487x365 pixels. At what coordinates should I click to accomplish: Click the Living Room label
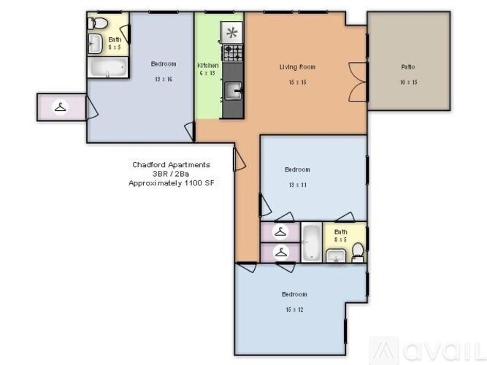(297, 67)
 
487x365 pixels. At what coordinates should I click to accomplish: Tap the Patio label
(407, 67)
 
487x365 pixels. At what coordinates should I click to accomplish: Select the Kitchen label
(208, 66)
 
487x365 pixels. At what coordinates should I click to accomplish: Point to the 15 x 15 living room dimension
(297, 82)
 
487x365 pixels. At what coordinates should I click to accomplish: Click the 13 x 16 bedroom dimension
(163, 79)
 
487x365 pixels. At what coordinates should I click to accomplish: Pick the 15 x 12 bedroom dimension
(294, 309)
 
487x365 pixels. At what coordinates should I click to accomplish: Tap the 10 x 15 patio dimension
(407, 82)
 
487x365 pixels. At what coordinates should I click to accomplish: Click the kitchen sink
(233, 91)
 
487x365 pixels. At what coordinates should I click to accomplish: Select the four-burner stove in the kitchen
(233, 52)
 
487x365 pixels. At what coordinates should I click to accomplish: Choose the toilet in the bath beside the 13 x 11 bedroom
(357, 253)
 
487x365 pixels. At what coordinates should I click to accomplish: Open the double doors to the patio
(358, 81)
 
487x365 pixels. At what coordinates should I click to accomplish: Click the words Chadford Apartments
(170, 165)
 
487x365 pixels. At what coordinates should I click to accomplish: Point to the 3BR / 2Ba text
(170, 174)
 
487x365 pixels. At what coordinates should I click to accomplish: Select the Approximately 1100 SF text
(170, 184)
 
